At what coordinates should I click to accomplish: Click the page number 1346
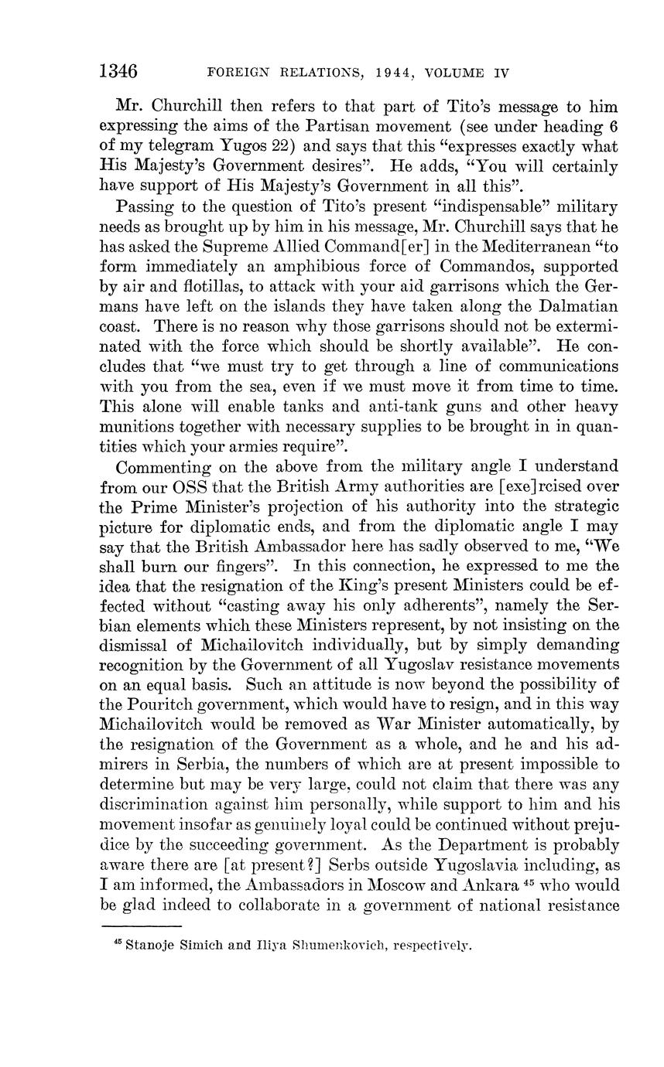tap(118, 72)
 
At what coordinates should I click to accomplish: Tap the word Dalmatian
tap(579, 307)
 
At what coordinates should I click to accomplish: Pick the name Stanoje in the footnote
tap(150, 945)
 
